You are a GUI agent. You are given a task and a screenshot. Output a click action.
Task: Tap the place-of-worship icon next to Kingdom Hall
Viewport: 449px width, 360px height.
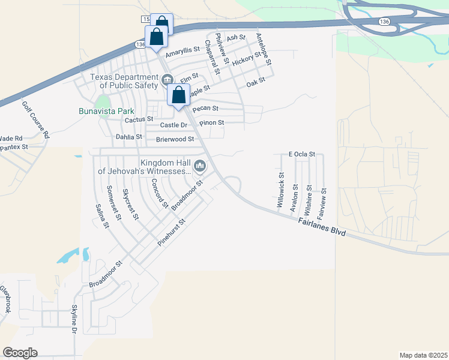point(200,166)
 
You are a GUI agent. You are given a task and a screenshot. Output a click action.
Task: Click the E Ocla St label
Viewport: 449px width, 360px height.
point(301,154)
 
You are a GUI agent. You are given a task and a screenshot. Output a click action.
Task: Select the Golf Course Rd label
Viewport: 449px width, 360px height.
point(35,119)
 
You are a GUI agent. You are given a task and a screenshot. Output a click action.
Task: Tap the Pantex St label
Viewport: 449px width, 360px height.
point(14,146)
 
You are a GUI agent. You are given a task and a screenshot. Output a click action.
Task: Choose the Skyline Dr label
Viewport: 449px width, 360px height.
point(75,319)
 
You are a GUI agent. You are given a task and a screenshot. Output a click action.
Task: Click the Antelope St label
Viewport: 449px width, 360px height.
point(264,49)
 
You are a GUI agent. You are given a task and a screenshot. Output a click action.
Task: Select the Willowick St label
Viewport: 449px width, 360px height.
point(280,190)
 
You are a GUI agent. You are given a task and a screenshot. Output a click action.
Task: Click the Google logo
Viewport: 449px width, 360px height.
point(20,352)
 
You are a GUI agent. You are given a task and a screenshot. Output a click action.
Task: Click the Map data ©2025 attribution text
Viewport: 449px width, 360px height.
point(423,355)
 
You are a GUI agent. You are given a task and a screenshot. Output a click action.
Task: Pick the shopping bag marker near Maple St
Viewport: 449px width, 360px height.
point(178,95)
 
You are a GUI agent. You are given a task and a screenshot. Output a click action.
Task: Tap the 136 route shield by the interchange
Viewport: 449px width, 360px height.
point(384,21)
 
